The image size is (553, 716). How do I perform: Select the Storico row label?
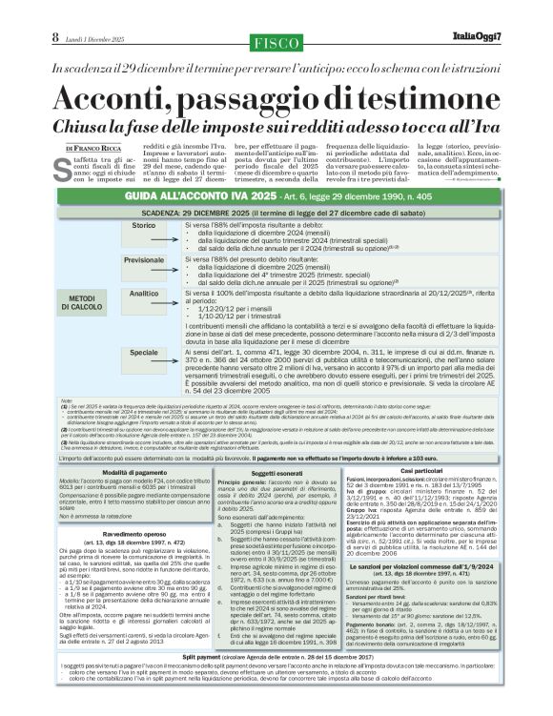[143, 252]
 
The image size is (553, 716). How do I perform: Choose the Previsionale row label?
[143, 286]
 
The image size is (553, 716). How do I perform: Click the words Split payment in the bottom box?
[209, 685]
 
